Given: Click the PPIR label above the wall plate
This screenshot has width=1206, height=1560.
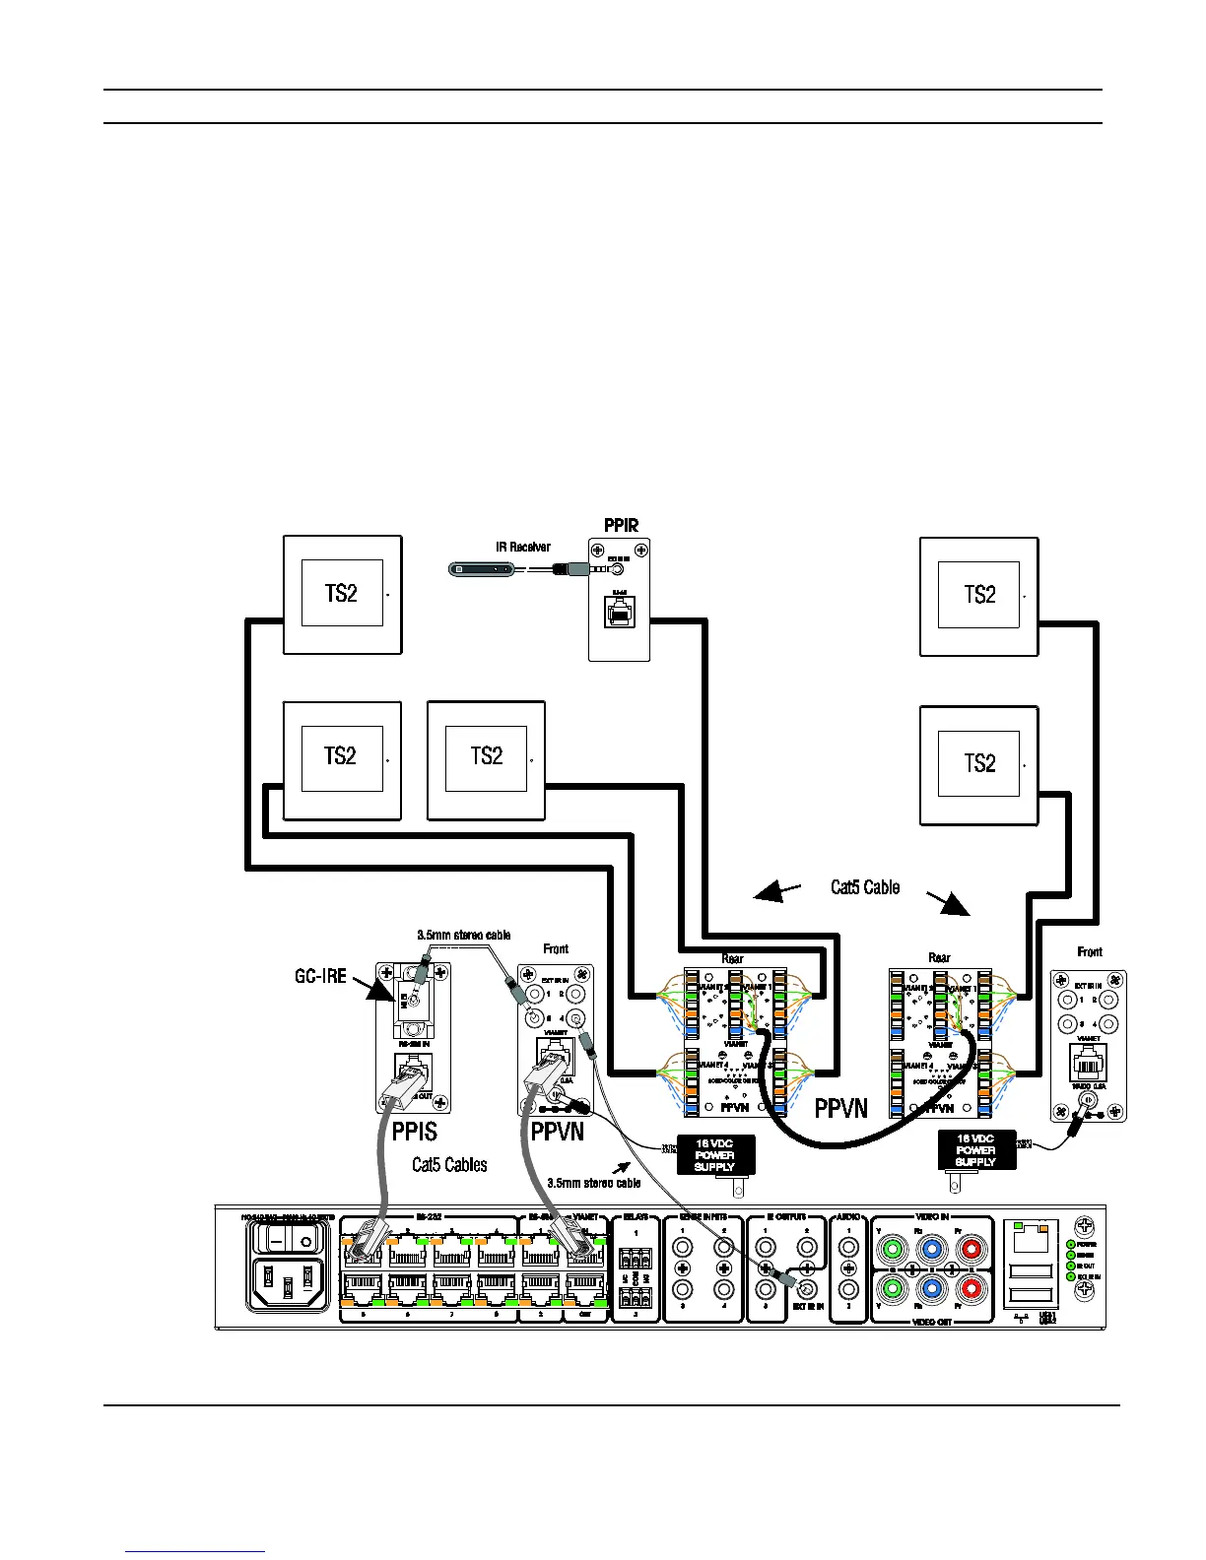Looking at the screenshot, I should coord(621,525).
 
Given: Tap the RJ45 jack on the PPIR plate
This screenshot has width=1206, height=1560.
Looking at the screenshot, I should coord(619,615).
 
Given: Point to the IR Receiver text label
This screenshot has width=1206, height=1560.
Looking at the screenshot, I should coord(523,547).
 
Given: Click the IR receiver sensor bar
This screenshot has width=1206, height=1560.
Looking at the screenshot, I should coord(481,568).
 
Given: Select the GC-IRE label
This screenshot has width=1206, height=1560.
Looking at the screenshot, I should coord(321,976).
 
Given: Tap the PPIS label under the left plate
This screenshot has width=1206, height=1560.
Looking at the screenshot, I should coord(414,1132).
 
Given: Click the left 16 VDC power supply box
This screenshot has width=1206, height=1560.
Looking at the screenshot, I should coord(714,1154).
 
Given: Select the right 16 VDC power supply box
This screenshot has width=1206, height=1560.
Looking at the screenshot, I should coord(975,1150).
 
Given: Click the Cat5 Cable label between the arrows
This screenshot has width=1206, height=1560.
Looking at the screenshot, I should coord(865,887).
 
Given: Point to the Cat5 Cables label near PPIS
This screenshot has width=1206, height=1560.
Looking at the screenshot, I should coord(449,1165).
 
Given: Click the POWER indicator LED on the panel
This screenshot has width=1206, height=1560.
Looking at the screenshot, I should coord(1071,1244).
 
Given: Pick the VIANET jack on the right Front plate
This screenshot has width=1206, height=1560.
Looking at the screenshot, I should coord(1088,1062).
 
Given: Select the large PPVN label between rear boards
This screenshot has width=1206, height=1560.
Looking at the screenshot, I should coord(840,1109).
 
